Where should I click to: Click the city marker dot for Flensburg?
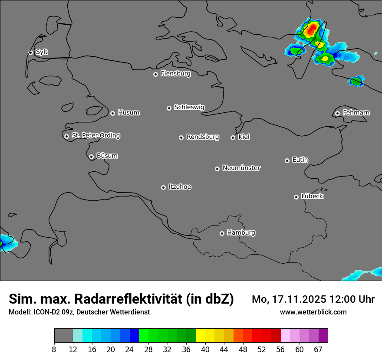(x=155, y=74)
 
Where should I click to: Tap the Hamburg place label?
(x=241, y=232)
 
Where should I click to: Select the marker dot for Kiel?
(x=233, y=137)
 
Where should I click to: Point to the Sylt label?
(x=42, y=52)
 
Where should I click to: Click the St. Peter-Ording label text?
(x=95, y=136)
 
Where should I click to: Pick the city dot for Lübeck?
(x=296, y=197)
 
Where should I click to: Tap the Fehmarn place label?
(x=356, y=113)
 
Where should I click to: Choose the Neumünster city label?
(x=241, y=168)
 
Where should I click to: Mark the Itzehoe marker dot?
(x=163, y=187)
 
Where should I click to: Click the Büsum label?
(x=107, y=156)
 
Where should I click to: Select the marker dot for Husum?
(x=112, y=113)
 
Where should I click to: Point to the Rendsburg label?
(x=203, y=137)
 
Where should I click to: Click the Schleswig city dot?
(x=169, y=108)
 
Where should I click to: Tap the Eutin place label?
(x=300, y=160)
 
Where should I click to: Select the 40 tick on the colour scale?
(x=205, y=350)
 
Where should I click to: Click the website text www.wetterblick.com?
(x=313, y=312)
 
